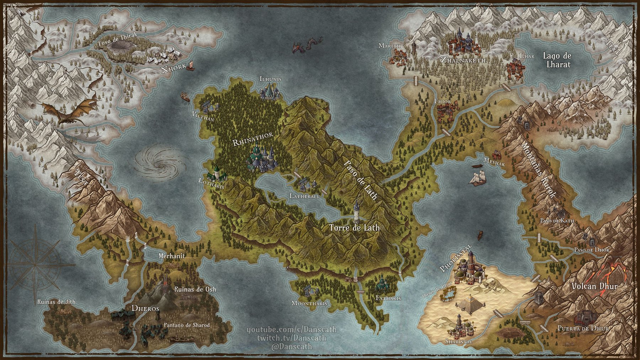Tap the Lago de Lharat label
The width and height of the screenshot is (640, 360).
(557, 60)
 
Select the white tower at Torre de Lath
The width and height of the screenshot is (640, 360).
(356, 212)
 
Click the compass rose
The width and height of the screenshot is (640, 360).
(35, 265)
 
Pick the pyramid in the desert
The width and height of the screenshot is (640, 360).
(469, 305)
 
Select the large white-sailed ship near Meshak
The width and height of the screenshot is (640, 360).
(478, 178)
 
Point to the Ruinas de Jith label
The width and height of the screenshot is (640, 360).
(56, 302)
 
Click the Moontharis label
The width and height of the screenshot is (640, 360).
(309, 303)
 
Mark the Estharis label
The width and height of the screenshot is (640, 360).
(388, 298)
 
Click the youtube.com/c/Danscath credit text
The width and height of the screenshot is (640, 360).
(292, 330)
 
